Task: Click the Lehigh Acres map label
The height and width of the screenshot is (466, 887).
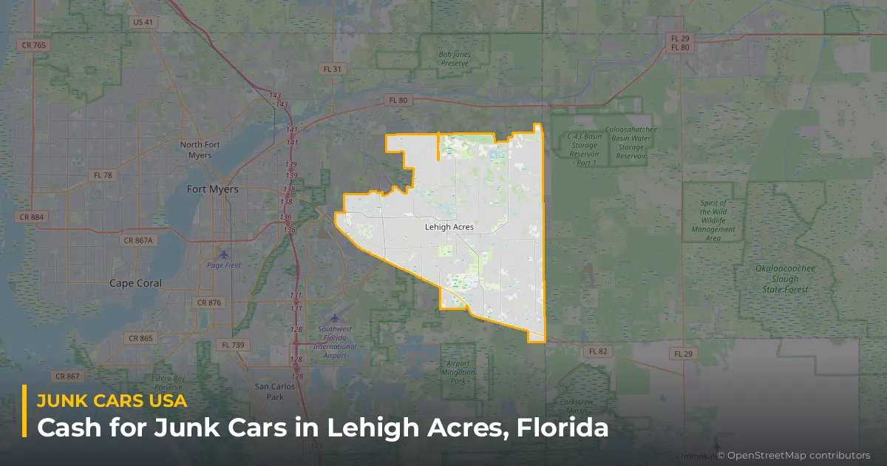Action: (449, 227)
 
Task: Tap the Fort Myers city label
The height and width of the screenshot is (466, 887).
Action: (212, 189)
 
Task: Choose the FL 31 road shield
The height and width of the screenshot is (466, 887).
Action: (333, 69)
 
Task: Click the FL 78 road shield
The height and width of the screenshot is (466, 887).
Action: (103, 175)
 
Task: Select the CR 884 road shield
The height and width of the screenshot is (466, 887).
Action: (30, 217)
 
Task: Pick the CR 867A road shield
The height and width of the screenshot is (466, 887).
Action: (138, 240)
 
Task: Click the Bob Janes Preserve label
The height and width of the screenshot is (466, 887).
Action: (454, 59)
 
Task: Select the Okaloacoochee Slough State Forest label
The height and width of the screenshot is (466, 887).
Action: (775, 279)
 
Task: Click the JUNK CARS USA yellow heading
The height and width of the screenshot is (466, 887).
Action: (112, 401)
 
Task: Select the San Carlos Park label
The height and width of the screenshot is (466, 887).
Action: (269, 391)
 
